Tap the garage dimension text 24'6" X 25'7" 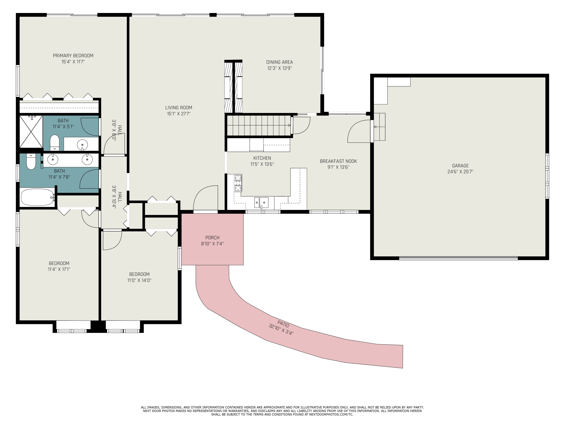pos(460,172)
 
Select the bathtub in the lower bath pos(37,197)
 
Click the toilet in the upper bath pos(54,143)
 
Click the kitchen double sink pos(261,203)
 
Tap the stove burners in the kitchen pos(238,183)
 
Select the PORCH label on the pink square pos(212,238)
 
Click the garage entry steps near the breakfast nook pos(379,127)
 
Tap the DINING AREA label pos(279,62)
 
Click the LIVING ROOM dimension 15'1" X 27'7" pos(179,114)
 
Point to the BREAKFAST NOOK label pos(338,161)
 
